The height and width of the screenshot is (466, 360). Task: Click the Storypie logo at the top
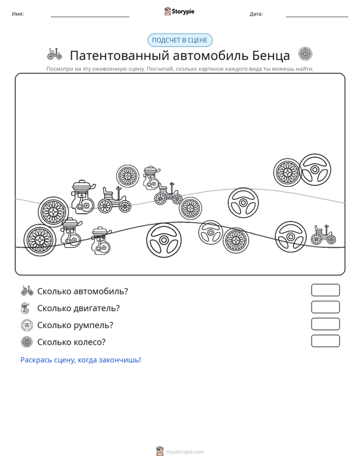point(179,11)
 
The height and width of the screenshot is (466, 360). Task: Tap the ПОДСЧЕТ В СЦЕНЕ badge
point(180,40)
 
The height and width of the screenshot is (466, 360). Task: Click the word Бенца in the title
point(271,55)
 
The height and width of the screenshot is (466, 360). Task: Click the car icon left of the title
point(55,54)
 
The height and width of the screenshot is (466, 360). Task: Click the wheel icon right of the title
point(305,54)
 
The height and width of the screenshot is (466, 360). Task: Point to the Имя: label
point(18,14)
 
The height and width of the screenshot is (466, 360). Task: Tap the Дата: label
point(256,14)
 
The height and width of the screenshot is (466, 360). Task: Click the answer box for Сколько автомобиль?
point(325,290)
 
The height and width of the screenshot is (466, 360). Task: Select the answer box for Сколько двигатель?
point(325,307)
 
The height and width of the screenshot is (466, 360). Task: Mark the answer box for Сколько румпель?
point(325,324)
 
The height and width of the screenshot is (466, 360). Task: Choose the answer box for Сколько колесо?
point(325,341)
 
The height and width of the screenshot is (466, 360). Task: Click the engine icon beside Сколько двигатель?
point(25,308)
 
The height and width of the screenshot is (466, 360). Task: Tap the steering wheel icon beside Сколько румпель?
point(27,325)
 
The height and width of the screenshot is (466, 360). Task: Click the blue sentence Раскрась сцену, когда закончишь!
point(81,360)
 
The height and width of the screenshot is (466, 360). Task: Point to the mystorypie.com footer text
point(185,452)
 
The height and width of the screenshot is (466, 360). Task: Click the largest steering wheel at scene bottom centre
point(164,240)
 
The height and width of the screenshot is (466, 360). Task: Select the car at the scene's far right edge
point(324,235)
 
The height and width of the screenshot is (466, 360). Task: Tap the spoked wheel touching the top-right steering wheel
point(287,172)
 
